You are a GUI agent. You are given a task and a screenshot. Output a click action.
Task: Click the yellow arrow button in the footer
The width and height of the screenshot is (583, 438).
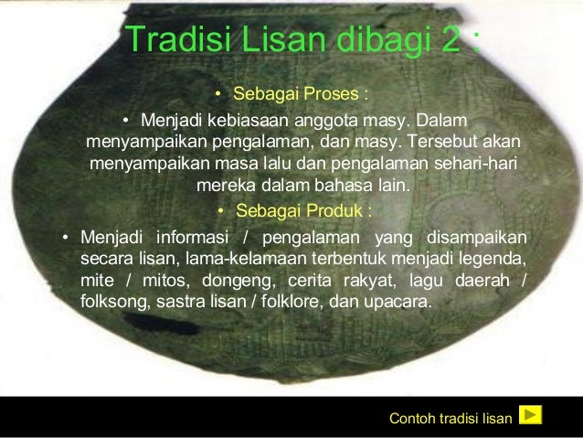pos(530,416)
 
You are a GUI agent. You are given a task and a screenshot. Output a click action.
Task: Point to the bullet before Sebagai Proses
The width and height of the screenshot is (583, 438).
pos(217,95)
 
